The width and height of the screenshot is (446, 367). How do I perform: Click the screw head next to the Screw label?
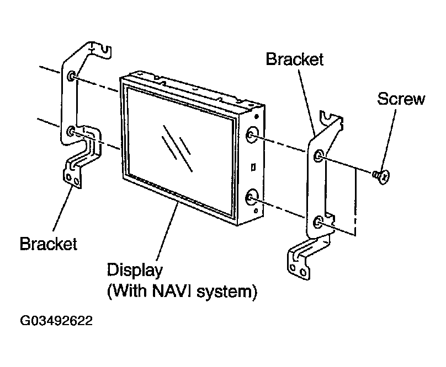point(381,176)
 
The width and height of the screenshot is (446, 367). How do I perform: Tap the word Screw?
point(401,99)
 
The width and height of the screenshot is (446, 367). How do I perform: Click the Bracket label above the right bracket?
point(294,60)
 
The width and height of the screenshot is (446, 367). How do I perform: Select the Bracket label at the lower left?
point(48,244)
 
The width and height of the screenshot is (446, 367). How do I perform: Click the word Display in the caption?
point(135,271)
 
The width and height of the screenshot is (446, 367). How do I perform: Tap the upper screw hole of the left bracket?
point(72,75)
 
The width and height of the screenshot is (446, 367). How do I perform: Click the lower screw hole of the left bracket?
point(71,131)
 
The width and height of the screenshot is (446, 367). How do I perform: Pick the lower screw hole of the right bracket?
point(317,222)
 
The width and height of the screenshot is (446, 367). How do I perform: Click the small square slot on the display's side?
point(251,165)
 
